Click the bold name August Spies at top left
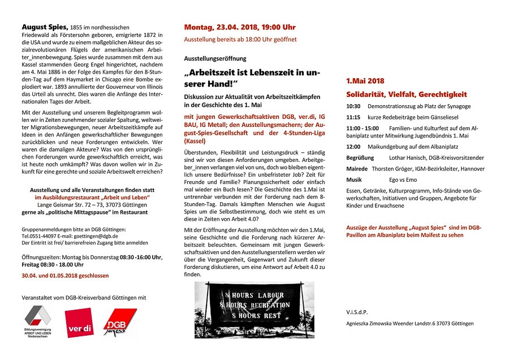[45, 27]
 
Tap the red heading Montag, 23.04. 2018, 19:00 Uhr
[240, 27]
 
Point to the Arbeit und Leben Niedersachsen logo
[38, 322]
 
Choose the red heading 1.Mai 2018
[365, 82]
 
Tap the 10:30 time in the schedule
[353, 106]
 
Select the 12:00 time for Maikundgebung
[353, 146]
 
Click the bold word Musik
[355, 179]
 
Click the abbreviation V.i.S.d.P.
[357, 312]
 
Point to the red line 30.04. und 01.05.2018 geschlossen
[65, 276]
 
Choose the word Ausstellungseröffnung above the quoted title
[215, 58]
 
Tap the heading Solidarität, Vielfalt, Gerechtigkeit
[407, 94]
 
